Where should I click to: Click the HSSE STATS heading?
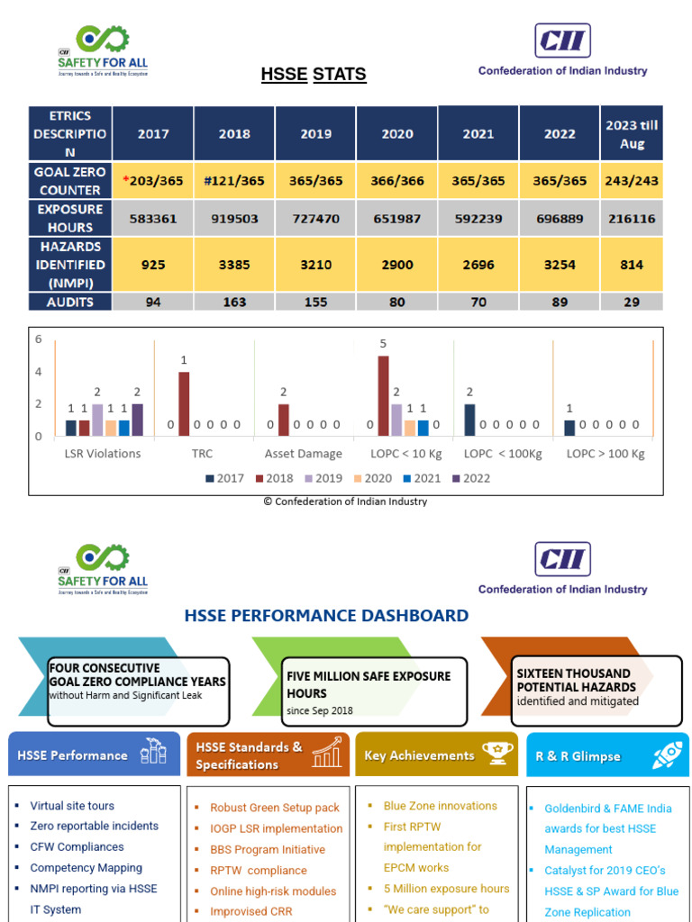314,74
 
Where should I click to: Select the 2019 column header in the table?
315,133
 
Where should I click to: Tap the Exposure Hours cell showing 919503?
234,218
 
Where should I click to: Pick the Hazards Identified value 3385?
234,265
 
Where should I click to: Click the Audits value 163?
234,302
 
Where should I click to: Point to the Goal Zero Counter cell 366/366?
397,180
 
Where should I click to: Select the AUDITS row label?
69,302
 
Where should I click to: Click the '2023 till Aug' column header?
632,133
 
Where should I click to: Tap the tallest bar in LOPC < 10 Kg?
383,396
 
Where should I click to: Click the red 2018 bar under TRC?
184,404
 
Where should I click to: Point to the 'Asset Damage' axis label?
304,454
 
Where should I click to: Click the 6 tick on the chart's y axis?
39,339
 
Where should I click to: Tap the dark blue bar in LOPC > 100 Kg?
569,428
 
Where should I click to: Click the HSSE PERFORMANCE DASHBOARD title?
326,616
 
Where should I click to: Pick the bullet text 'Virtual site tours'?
72,806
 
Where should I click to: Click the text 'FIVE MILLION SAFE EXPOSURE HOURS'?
369,684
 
